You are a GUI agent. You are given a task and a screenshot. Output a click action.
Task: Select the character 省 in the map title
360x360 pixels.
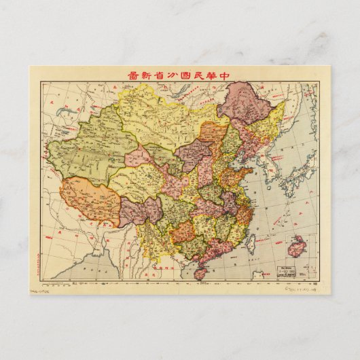tap(150, 75)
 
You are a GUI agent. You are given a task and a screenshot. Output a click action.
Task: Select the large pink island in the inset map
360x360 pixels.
tap(298, 247)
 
